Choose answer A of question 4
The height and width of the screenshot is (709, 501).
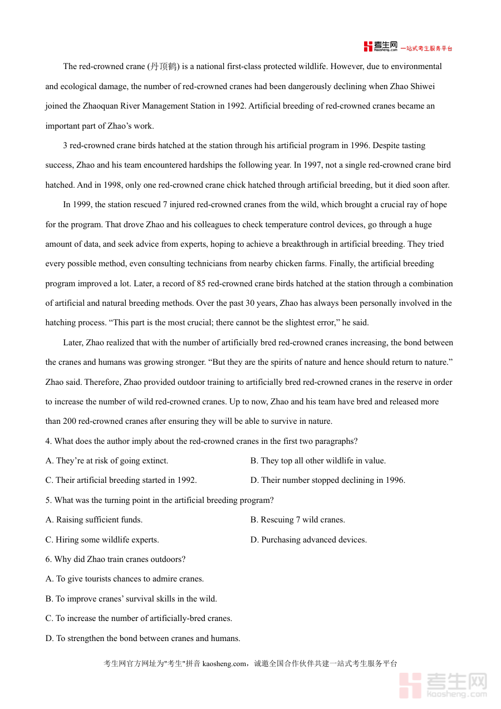[x=106, y=461]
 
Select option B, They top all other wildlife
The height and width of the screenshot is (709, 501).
[x=317, y=461]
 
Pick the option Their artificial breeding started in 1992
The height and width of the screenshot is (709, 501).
[x=121, y=480]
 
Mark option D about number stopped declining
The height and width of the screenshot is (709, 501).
[x=327, y=480]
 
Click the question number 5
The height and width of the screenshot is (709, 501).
[x=48, y=500]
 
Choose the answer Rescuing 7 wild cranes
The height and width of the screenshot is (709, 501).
[x=297, y=520]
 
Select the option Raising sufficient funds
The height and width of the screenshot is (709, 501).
[x=94, y=520]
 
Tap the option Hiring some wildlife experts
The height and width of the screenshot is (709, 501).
[x=102, y=540]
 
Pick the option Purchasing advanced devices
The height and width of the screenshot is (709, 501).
[x=308, y=540]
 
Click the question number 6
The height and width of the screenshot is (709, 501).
[x=48, y=559]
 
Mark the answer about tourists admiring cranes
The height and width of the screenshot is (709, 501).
[x=124, y=579]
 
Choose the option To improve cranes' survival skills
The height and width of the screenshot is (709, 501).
[x=131, y=599]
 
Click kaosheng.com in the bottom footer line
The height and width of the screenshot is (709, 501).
[x=224, y=663]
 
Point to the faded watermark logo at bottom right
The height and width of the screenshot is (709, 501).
[x=443, y=685]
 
